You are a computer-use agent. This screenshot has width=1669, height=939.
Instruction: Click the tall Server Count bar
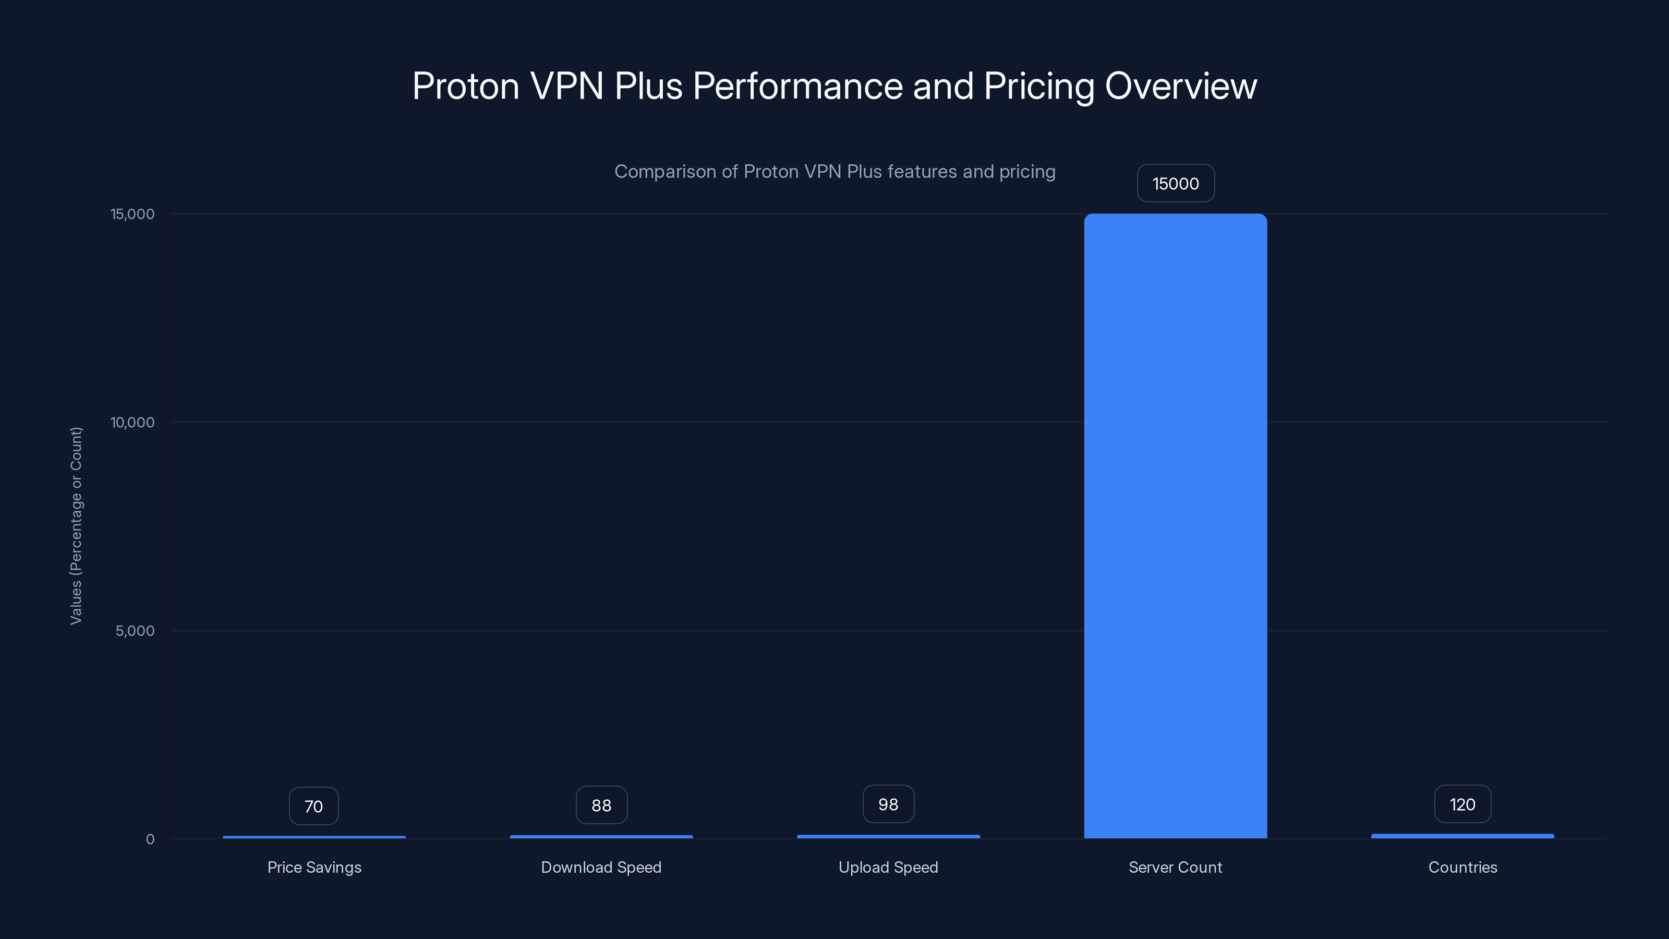[1175, 525]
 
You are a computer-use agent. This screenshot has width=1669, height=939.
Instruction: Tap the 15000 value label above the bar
[1175, 184]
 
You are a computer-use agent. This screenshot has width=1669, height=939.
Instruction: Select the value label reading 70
[313, 806]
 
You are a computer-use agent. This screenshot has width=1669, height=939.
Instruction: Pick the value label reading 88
[601, 805]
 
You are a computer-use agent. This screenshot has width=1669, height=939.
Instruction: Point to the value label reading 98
[888, 804]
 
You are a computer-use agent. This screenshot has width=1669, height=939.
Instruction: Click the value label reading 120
[1462, 804]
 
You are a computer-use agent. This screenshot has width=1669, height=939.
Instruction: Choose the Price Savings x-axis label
[314, 867]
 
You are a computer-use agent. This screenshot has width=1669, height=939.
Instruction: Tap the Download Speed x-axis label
[601, 867]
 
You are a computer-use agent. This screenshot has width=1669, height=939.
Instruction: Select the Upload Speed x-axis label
[888, 867]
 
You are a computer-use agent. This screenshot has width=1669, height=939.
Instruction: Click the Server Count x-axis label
[1175, 867]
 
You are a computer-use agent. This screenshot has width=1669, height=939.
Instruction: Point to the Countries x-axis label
[1462, 867]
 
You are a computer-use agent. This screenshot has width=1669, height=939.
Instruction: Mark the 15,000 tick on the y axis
[133, 214]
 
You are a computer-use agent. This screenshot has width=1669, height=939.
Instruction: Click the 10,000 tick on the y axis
[133, 423]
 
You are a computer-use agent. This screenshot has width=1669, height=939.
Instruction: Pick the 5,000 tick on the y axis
[136, 631]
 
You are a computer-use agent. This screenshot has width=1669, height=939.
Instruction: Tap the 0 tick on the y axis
[150, 839]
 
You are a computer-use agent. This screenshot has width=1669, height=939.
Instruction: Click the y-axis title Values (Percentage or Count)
[76, 525]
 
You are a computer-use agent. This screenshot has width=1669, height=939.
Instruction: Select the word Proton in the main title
[465, 86]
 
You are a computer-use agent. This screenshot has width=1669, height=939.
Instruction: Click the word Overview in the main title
[1180, 86]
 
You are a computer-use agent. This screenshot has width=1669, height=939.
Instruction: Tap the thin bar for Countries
[1462, 836]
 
